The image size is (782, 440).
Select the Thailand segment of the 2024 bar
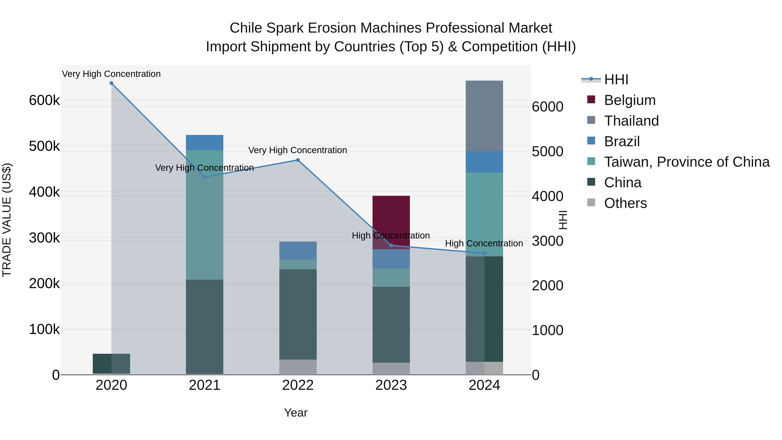484,116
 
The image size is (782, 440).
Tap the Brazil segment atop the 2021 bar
204,142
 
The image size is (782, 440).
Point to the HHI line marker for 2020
111,83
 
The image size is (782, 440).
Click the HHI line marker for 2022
298,160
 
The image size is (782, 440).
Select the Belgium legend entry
630,100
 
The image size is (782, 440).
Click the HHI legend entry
616,80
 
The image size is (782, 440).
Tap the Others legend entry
625,203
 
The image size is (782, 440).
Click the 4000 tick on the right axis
548,196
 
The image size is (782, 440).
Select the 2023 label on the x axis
391,385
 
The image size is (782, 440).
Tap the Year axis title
296,413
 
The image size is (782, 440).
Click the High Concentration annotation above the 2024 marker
484,244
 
